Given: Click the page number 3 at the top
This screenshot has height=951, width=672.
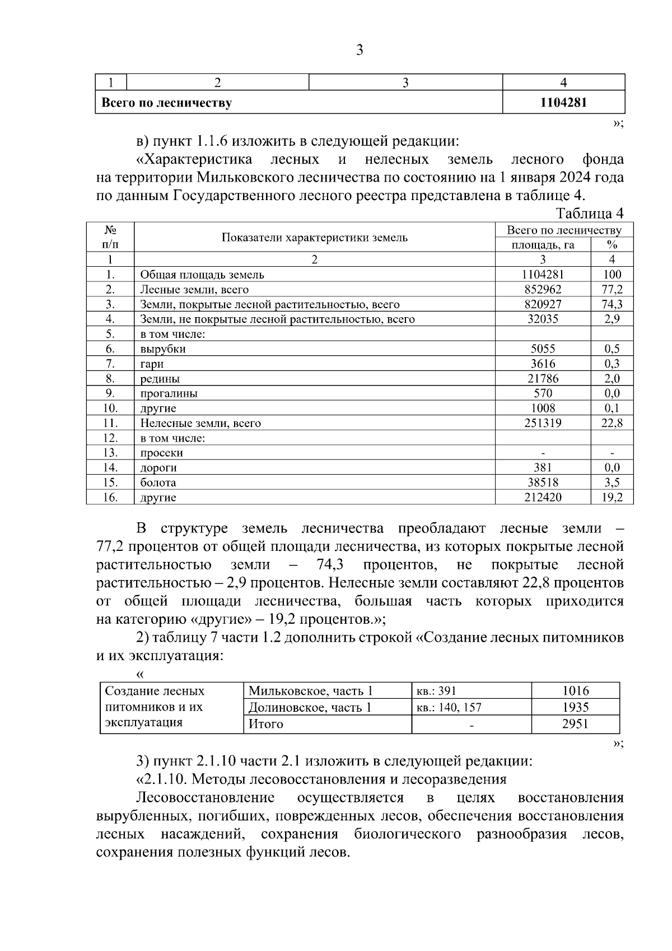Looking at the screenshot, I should (360, 51).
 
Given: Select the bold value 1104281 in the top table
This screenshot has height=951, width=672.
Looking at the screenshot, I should (563, 103).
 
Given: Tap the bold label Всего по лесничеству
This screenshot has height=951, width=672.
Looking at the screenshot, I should (166, 103).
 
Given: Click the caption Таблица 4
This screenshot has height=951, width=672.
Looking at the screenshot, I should (590, 214).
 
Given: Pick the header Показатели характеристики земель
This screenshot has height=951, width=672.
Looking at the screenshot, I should (315, 238).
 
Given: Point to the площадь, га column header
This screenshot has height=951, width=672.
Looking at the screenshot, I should (543, 245).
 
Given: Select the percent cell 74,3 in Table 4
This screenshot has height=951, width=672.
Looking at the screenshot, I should (612, 304).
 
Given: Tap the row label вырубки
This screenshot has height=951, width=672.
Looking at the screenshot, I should (163, 349).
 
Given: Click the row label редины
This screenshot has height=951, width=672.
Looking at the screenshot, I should (160, 379).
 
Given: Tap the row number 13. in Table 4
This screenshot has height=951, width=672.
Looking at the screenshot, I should (110, 453).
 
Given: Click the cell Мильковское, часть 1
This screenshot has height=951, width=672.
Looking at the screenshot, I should (311, 691).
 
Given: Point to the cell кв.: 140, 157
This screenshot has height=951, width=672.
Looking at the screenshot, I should (449, 708).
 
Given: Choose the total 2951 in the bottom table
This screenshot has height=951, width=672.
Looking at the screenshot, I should (575, 724).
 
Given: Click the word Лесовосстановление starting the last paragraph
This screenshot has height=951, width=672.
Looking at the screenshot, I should (206, 797).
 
